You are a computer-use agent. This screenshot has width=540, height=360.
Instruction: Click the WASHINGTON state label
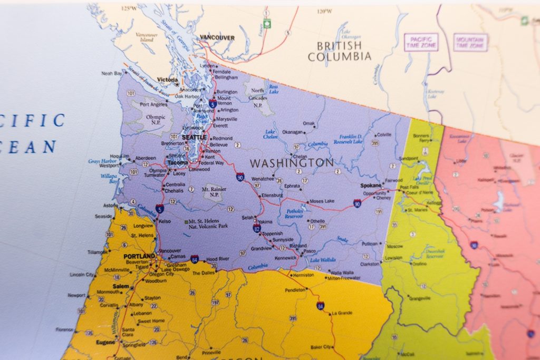pyautogui.click(x=292, y=163)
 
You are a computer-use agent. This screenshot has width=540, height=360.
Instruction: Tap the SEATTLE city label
pyautogui.click(x=194, y=137)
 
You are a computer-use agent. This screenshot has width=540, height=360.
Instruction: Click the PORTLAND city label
pyautogui.click(x=139, y=256)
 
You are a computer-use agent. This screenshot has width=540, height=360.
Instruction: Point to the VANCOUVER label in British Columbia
pyautogui.click(x=217, y=38)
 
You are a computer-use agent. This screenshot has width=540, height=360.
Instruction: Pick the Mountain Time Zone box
pyautogui.click(x=470, y=42)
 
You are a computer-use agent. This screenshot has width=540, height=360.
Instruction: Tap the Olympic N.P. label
pyautogui.click(x=156, y=120)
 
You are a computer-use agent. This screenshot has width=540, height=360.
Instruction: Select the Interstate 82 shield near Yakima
pyautogui.click(x=256, y=228)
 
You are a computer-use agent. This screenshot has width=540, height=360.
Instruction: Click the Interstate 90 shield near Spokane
pyautogui.click(x=357, y=203)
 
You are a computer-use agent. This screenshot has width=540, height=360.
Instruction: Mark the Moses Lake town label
pyautogui.click(x=322, y=201)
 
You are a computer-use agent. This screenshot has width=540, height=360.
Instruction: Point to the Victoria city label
pyautogui.click(x=168, y=80)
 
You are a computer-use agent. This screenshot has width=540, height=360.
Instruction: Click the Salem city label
pyautogui.click(x=120, y=286)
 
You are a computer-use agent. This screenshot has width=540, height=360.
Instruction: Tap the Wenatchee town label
pyautogui.click(x=262, y=179)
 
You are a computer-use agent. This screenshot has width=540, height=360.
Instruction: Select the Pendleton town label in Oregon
pyautogui.click(x=295, y=290)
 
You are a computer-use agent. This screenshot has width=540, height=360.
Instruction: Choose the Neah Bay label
pyautogui.click(x=112, y=74)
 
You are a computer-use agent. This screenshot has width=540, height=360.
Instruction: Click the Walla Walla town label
pyautogui.click(x=341, y=272)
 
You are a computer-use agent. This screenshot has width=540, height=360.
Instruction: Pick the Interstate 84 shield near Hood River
pyautogui.click(x=195, y=259)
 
